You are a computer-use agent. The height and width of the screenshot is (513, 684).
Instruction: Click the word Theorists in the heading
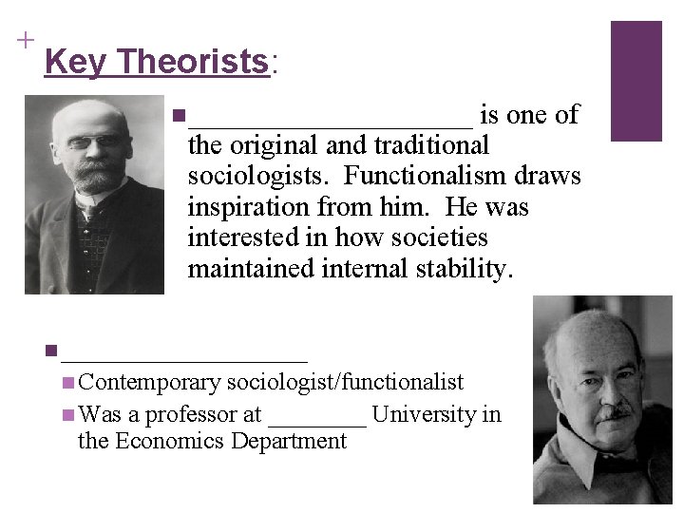tap(195, 63)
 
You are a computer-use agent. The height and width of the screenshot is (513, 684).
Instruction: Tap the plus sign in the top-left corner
tap(24, 40)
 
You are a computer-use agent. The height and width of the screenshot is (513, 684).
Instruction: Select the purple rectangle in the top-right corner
tap(636, 81)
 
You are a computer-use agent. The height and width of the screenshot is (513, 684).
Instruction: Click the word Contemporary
tap(150, 383)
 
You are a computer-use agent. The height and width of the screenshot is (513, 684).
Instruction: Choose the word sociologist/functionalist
tap(345, 383)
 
